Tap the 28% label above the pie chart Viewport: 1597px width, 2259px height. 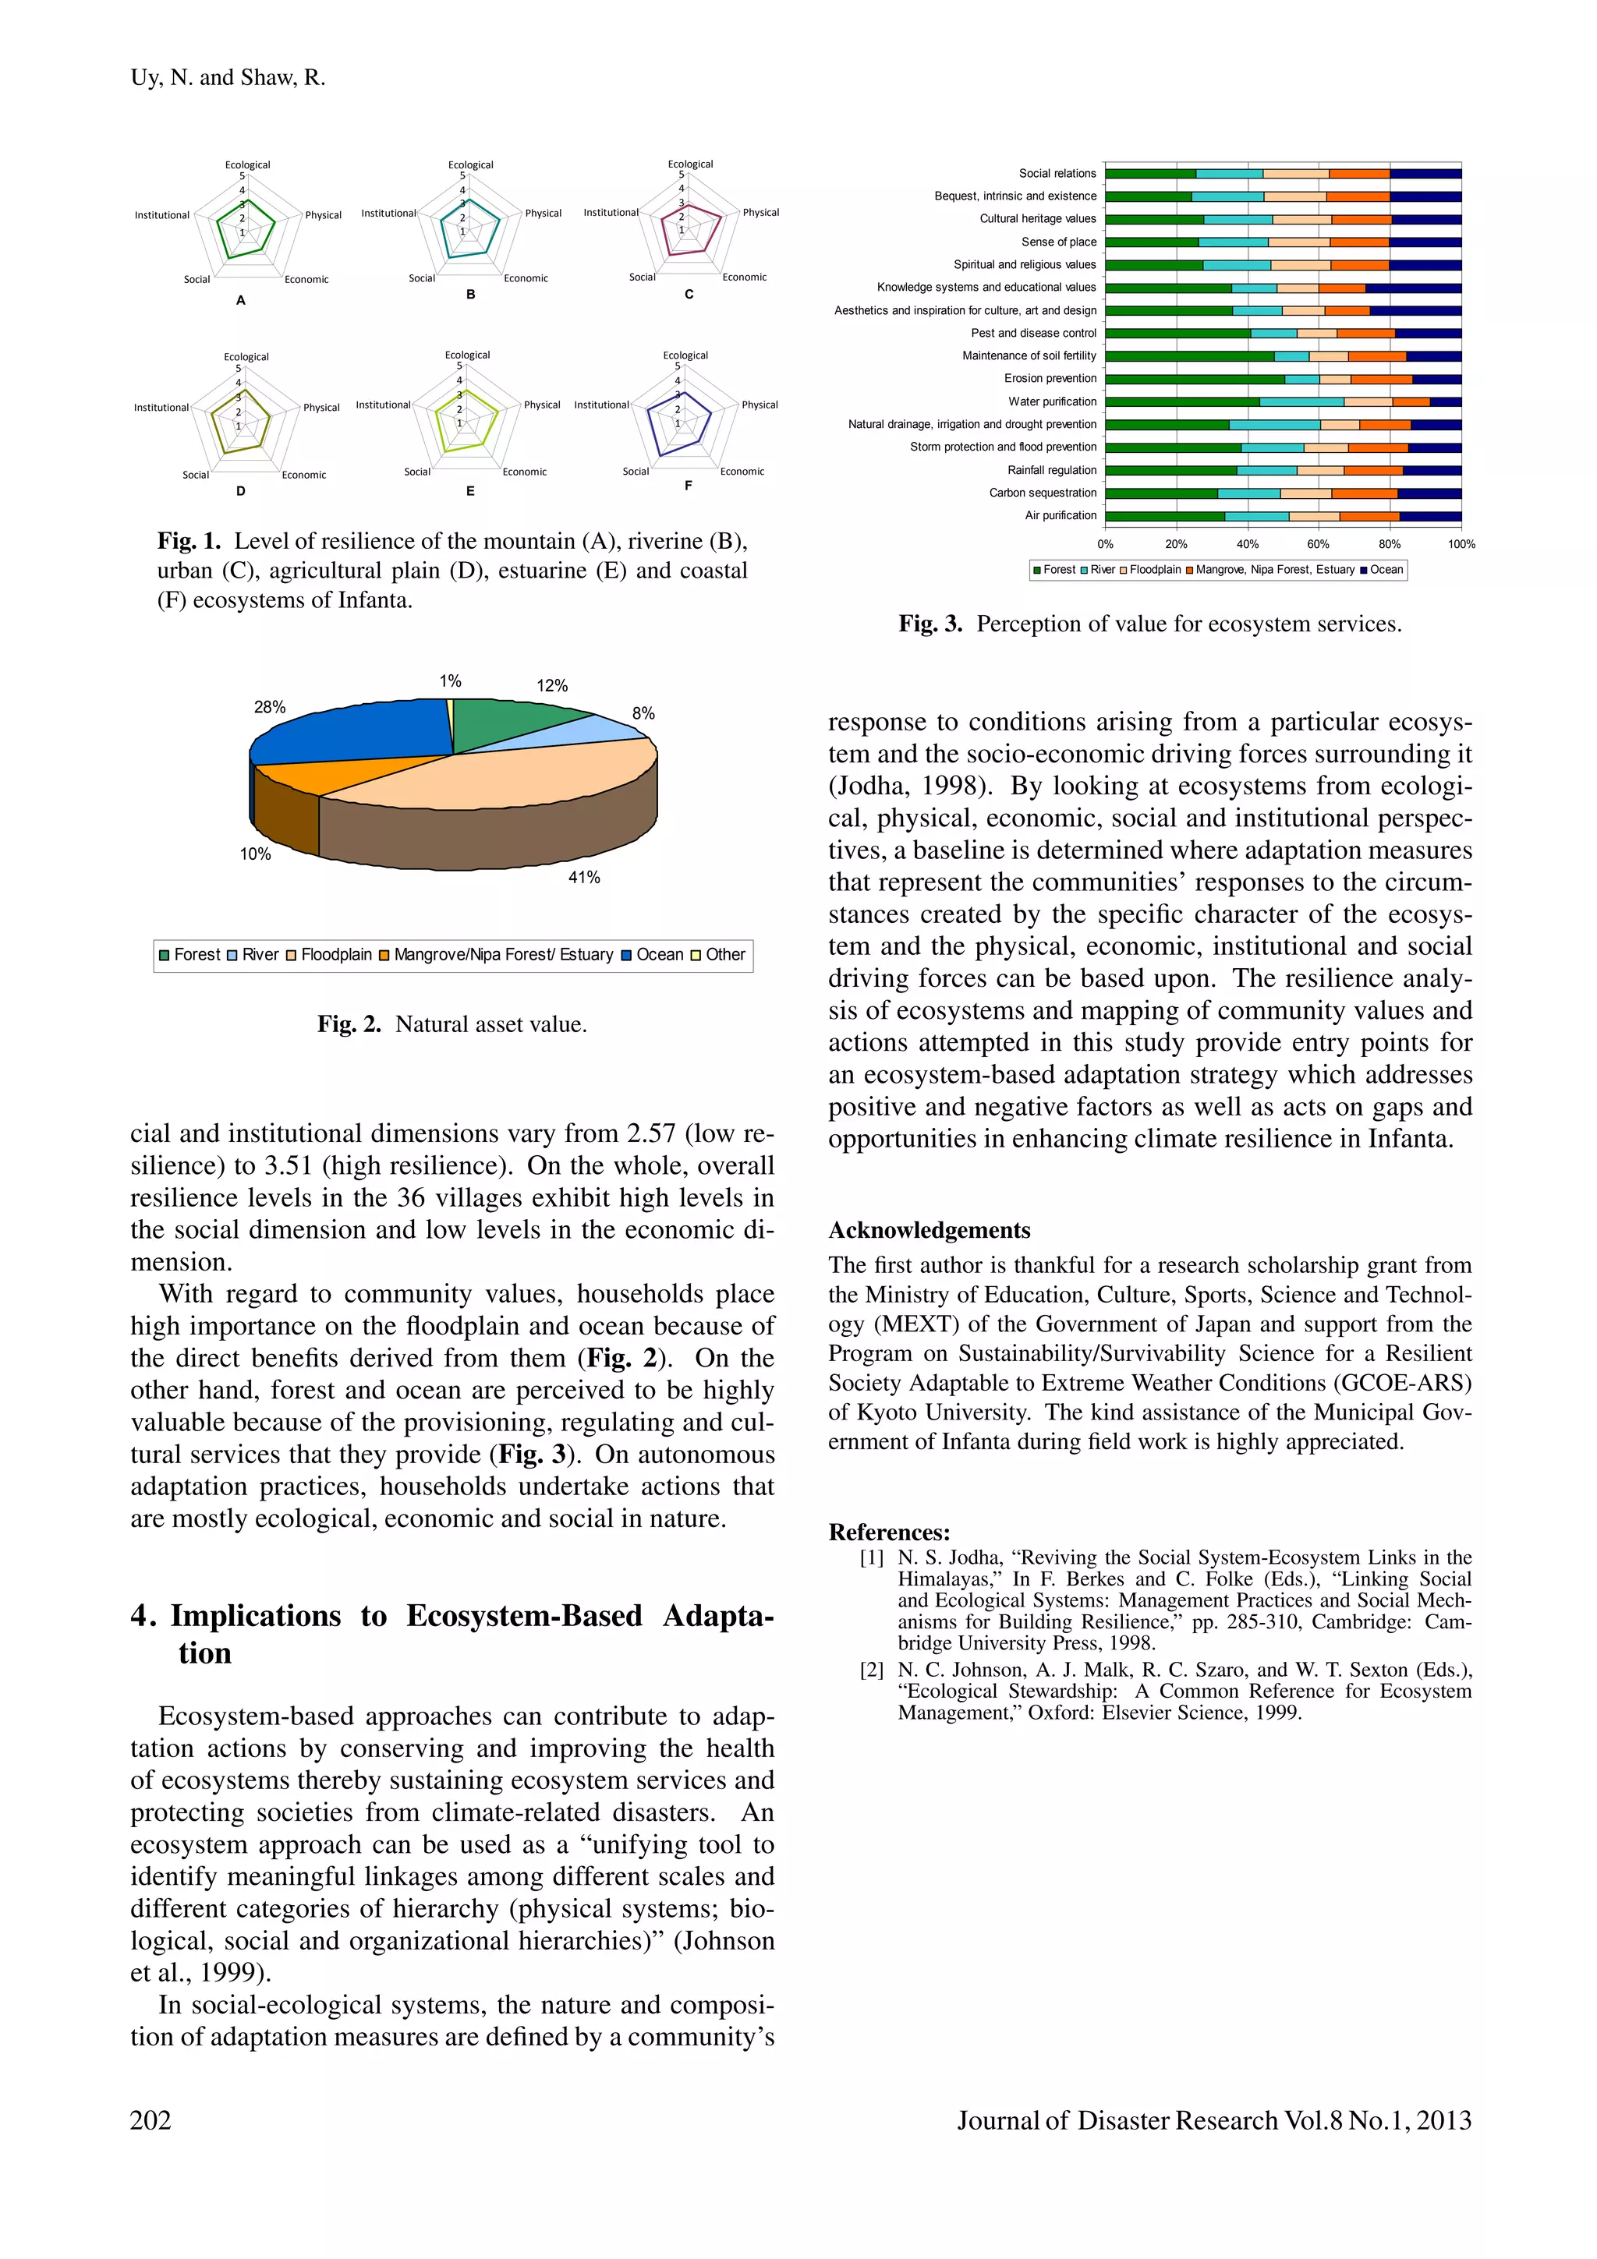(x=270, y=708)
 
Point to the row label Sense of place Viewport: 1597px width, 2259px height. (x=1058, y=242)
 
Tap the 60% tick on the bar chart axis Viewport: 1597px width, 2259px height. (x=1318, y=544)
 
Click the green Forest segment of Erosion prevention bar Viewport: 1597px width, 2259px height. (x=1194, y=379)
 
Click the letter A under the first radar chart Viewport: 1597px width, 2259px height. (x=240, y=301)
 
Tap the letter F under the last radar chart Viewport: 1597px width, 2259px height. (x=688, y=485)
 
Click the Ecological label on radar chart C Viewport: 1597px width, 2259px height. (x=690, y=164)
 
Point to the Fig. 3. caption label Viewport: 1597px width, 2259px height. (x=930, y=624)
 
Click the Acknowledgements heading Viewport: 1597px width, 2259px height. (x=929, y=1230)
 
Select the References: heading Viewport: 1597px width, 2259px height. (x=888, y=1532)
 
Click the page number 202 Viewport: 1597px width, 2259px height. (x=150, y=2119)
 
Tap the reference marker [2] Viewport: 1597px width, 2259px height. (x=872, y=1670)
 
